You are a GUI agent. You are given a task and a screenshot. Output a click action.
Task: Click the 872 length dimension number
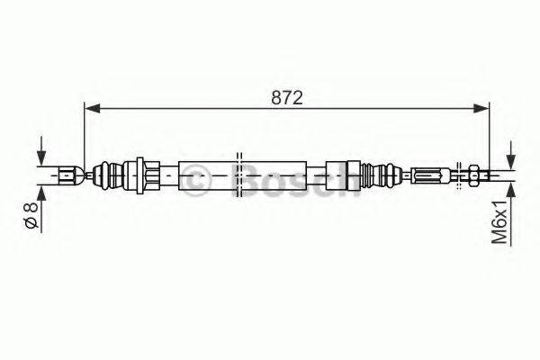coord(288,95)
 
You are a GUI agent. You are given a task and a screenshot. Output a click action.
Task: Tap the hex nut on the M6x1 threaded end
coord(470,173)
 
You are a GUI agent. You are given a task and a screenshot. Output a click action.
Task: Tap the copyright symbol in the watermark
coord(197,180)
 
